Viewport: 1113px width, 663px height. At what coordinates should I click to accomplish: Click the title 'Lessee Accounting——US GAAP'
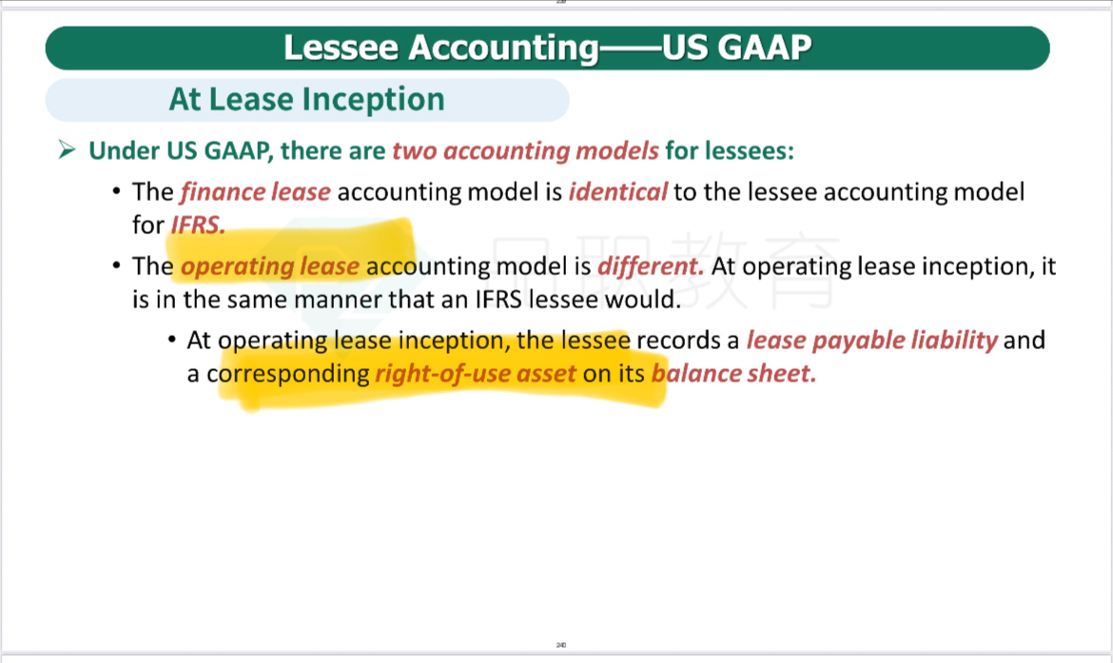[547, 48]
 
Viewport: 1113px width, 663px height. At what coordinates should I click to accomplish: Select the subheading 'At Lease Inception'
[306, 99]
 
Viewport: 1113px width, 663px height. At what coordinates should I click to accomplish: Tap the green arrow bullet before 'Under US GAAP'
[68, 149]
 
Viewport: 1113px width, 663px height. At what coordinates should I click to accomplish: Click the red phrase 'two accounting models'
[525, 150]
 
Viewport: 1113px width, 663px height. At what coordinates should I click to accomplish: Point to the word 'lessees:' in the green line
[730, 150]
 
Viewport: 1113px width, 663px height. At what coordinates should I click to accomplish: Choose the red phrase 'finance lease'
[256, 191]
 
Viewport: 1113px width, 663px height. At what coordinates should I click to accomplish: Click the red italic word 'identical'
[617, 191]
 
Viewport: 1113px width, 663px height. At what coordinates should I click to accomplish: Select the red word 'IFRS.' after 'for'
[198, 225]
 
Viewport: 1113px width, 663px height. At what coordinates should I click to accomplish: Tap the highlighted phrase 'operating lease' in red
[270, 266]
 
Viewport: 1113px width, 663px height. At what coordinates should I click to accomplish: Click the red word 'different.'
[651, 266]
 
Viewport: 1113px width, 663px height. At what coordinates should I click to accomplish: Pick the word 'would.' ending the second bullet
[642, 300]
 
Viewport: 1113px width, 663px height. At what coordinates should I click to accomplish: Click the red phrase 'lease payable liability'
[872, 341]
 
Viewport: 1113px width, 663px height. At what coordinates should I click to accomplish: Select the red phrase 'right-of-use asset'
[476, 374]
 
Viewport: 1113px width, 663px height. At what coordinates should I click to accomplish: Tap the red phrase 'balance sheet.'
[734, 374]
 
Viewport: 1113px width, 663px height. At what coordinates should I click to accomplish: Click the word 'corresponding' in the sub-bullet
[288, 374]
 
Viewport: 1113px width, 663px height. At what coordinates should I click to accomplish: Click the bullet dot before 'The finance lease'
[116, 191]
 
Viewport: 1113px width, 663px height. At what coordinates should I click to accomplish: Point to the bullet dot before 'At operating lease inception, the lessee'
[172, 340]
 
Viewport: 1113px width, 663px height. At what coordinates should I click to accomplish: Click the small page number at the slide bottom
[560, 645]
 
